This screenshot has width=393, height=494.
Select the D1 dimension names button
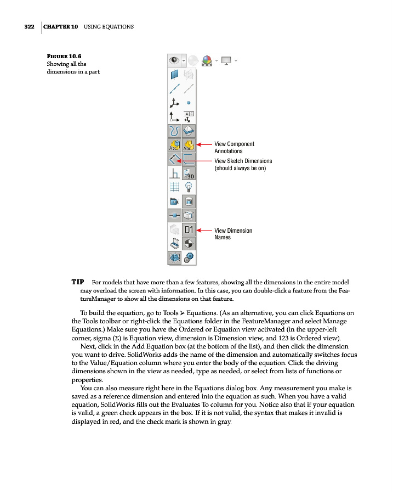click(x=189, y=229)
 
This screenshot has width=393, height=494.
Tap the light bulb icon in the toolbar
click(x=189, y=188)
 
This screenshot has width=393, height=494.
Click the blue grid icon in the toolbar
click(x=175, y=188)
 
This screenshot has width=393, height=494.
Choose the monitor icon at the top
click(x=226, y=59)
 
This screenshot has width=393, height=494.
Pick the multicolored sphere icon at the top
click(x=207, y=59)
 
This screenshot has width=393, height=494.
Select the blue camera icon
click(x=175, y=201)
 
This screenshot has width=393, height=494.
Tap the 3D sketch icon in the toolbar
click(x=189, y=173)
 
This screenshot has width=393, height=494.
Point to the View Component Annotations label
click(x=234, y=147)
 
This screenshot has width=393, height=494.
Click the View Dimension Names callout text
click(x=233, y=234)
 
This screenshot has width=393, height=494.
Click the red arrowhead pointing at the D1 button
click(x=200, y=230)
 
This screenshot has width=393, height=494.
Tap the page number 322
click(x=29, y=26)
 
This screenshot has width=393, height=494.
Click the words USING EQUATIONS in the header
click(x=109, y=26)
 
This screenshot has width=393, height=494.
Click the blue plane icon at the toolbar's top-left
click(x=175, y=74)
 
